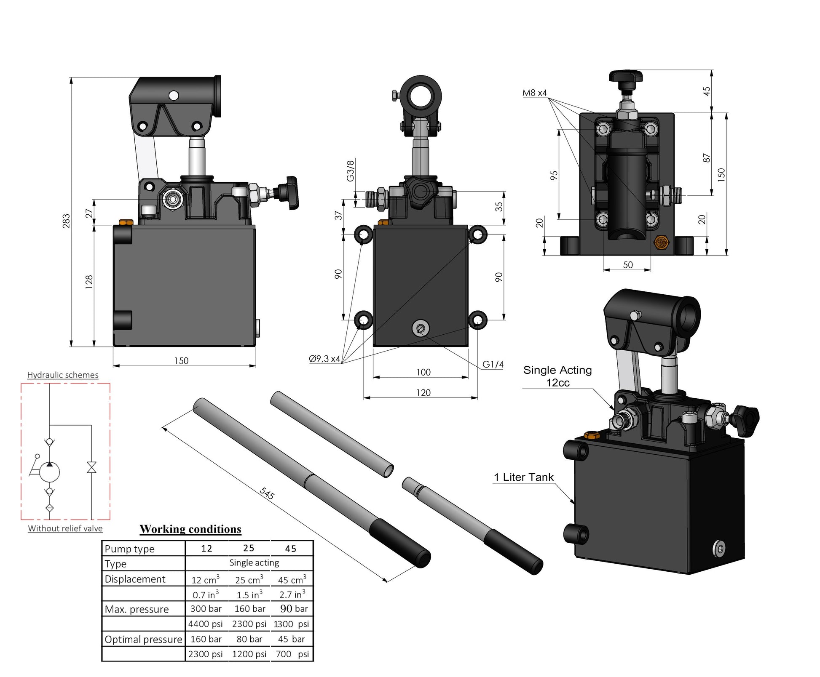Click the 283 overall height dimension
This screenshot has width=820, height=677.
(66, 221)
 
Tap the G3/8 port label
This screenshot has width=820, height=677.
(350, 171)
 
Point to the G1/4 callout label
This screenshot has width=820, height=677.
(493, 365)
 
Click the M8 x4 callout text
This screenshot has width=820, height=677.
(534, 93)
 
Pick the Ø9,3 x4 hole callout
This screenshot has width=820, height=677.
(324, 359)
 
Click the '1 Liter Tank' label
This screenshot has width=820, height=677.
(523, 477)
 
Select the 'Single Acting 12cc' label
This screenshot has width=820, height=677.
(557, 376)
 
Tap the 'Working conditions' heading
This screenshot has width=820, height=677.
(190, 529)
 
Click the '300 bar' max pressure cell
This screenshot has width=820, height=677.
(206, 609)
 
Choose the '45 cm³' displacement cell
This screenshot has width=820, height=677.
(292, 580)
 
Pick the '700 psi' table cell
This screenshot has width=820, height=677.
(292, 654)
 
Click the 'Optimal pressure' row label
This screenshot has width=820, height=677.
(143, 640)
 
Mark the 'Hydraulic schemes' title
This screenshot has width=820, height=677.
(63, 375)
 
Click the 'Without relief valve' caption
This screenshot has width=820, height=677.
(65, 528)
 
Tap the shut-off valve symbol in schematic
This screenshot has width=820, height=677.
(91, 467)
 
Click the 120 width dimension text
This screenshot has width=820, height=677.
(423, 393)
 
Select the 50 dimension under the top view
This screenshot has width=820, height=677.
(627, 265)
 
